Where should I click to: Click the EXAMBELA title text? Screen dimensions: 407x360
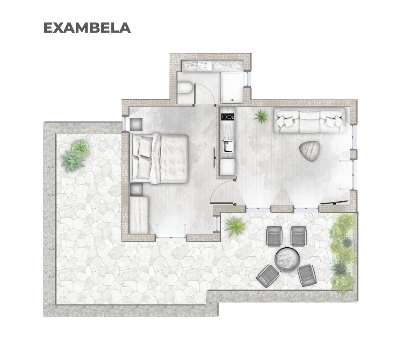(x=87, y=28)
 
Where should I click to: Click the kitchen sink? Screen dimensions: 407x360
(x=228, y=146)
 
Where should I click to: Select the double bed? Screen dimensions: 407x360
(x=160, y=159)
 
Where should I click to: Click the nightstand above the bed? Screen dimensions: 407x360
(x=136, y=124)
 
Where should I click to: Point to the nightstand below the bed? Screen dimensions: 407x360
(x=136, y=190)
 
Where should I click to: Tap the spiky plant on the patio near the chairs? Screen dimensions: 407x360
(x=235, y=227)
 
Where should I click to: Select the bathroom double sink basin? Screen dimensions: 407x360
(x=205, y=66)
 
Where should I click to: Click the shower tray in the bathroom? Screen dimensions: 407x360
(x=232, y=87)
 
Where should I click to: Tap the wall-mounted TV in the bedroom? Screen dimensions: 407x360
(x=214, y=157)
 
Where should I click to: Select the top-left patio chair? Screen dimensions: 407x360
(x=275, y=236)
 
